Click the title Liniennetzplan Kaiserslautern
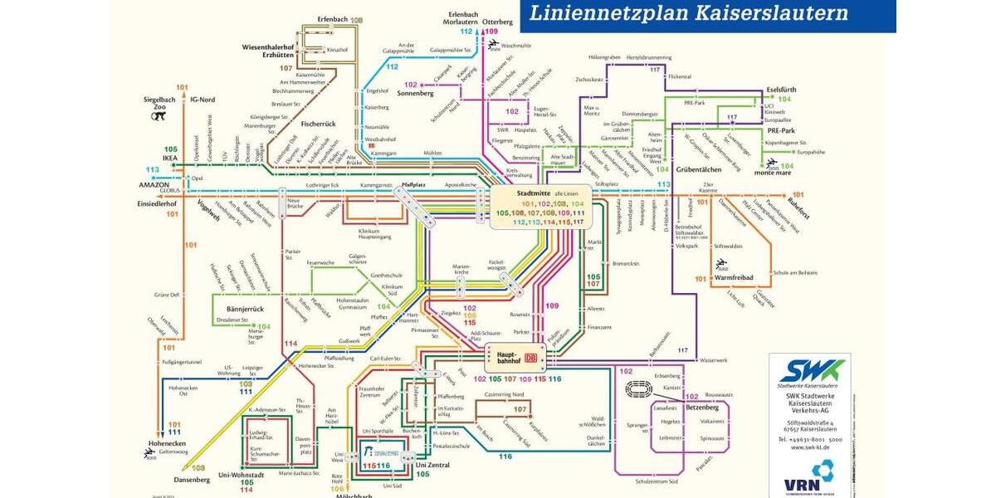689,13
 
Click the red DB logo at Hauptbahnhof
531,359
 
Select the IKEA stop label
170,157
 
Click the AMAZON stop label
154,184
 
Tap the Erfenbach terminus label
332,19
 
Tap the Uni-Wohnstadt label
240,474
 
